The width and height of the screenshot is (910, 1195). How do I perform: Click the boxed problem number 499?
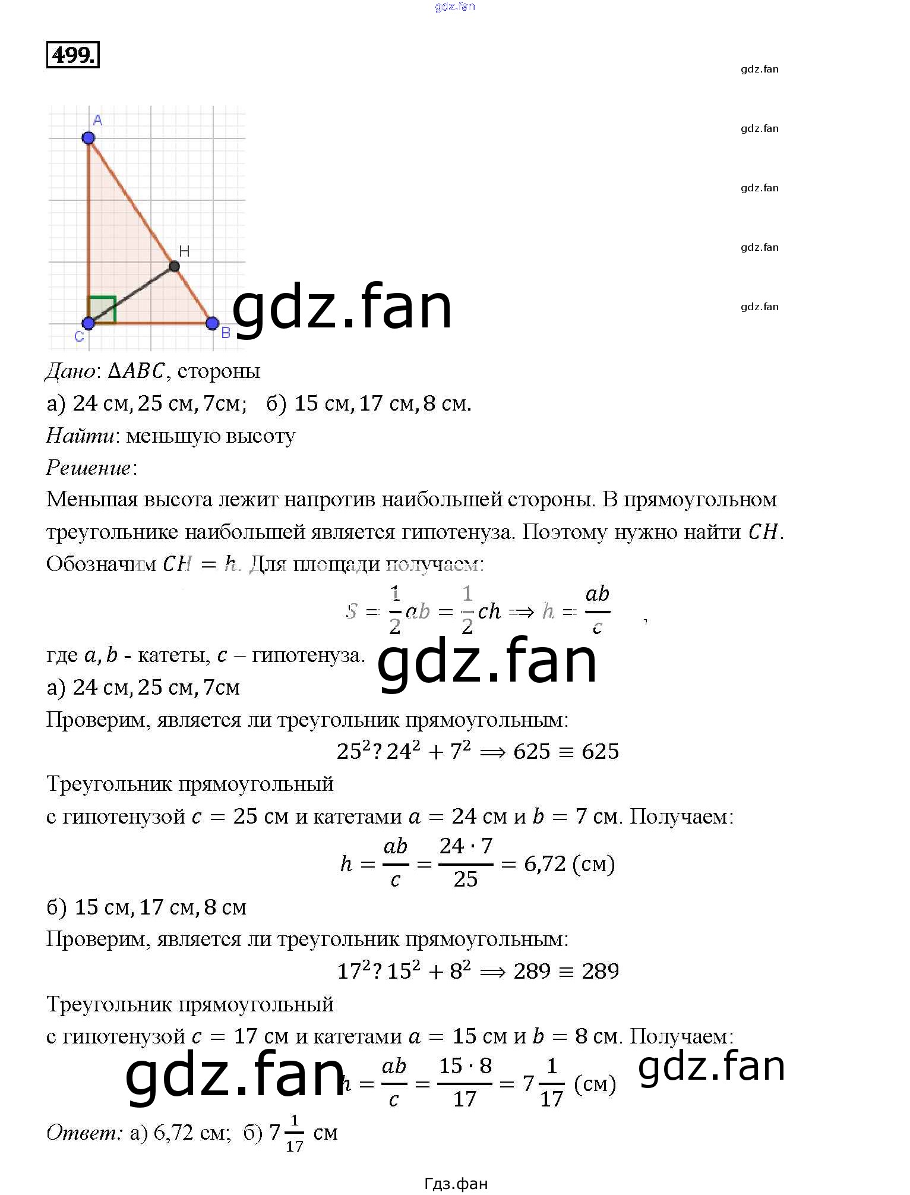(72, 55)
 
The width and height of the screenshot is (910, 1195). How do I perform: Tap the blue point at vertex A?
(89, 138)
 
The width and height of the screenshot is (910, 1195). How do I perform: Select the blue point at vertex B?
(212, 323)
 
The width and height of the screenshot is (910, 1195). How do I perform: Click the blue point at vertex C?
(89, 323)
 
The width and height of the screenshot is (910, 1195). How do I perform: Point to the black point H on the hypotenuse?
(174, 266)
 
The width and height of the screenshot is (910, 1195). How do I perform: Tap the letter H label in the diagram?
(184, 251)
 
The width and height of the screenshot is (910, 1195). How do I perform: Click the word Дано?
(70, 371)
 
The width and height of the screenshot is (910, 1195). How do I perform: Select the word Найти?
(80, 436)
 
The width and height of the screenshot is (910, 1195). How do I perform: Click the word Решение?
(89, 468)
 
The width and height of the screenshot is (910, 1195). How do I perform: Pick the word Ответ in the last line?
(84, 1133)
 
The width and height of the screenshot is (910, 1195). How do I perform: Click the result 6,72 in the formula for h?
(545, 863)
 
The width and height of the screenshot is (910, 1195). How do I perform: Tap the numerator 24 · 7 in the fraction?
(466, 846)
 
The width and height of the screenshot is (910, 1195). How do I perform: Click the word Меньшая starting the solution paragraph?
(91, 500)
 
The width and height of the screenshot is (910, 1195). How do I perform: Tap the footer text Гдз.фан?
(456, 1184)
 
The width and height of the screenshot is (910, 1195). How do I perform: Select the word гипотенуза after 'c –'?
(308, 655)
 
